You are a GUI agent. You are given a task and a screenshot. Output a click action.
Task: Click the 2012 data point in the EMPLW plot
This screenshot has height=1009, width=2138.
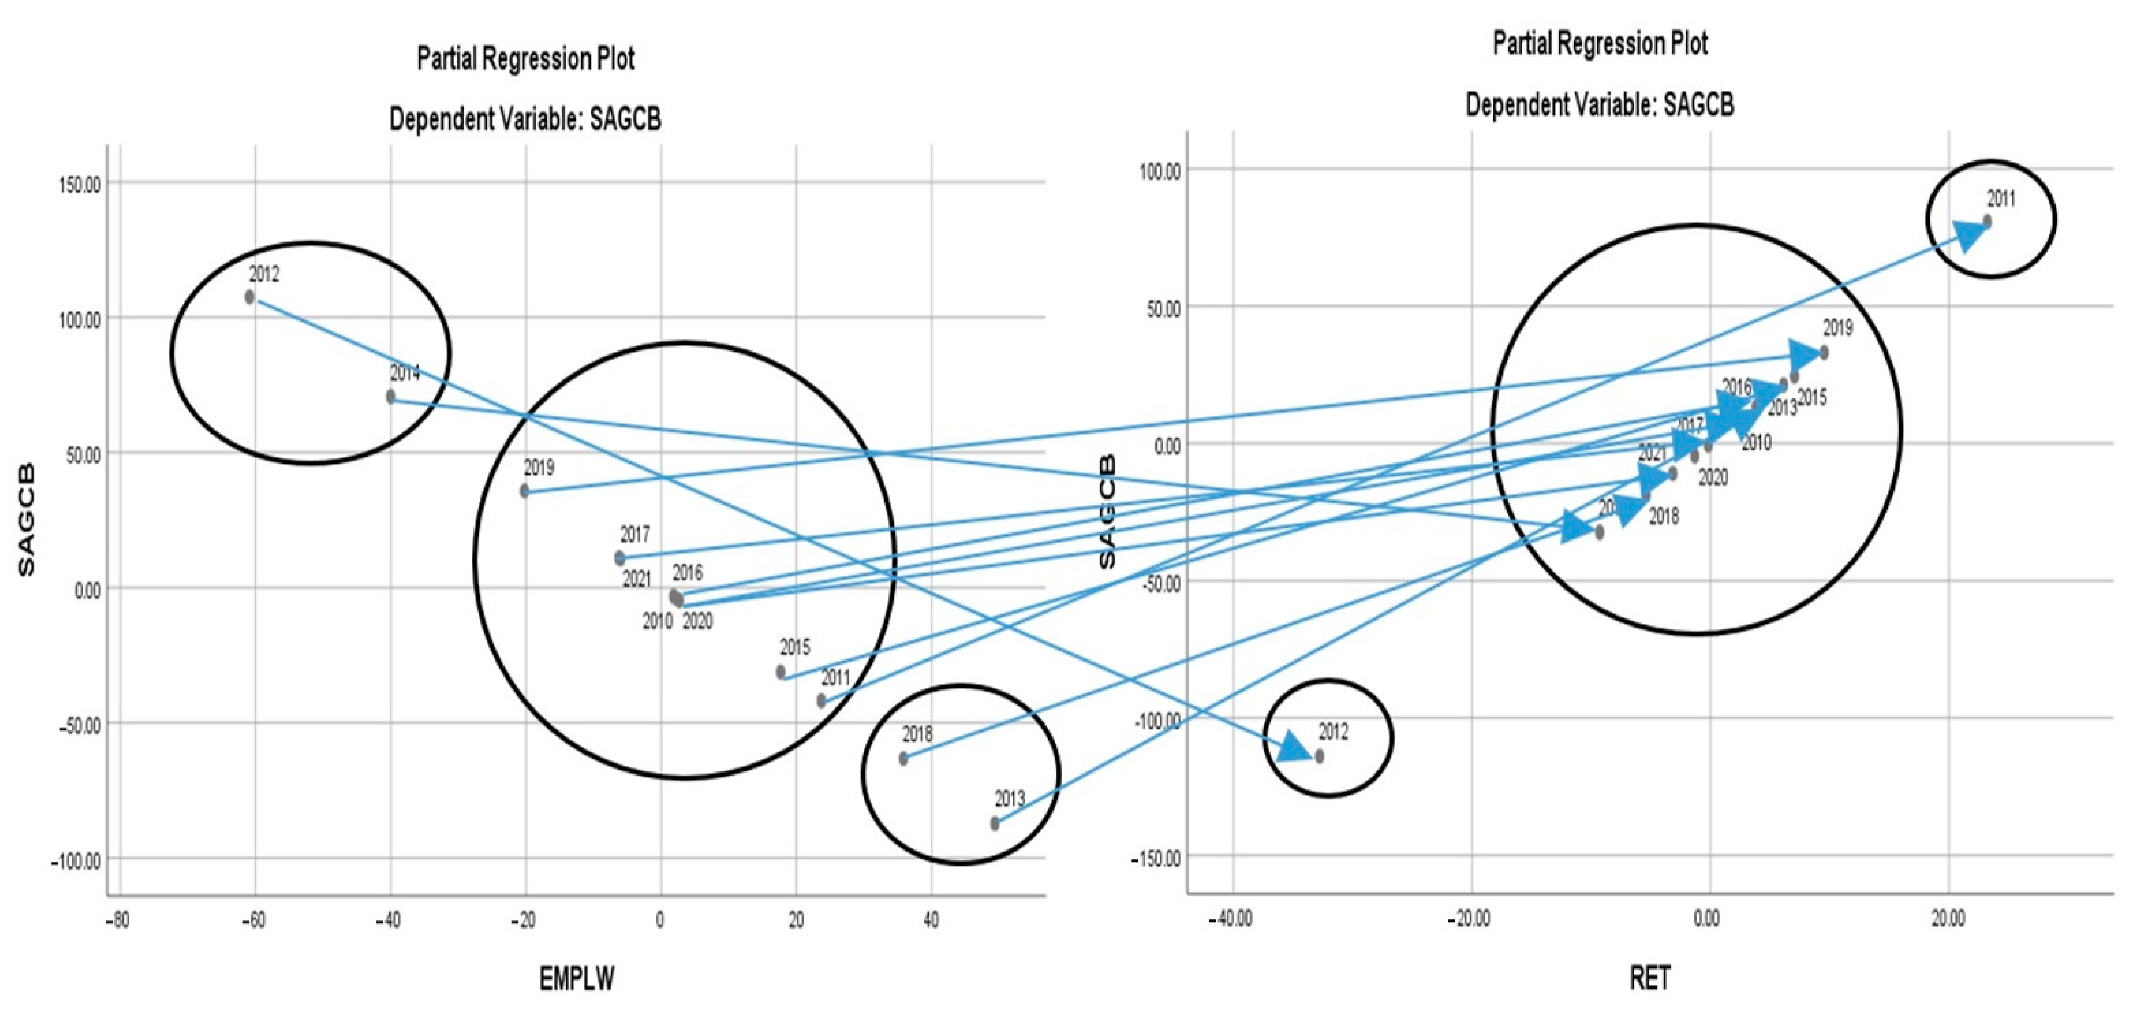250,297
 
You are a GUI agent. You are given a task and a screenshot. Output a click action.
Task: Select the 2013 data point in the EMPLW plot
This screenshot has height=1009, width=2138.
995,824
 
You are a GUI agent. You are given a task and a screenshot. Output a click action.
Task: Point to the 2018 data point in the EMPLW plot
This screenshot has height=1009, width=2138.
904,758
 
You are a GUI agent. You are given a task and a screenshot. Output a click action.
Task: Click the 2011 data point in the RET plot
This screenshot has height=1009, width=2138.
1987,222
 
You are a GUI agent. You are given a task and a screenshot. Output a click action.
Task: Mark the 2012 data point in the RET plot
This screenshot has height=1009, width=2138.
1320,756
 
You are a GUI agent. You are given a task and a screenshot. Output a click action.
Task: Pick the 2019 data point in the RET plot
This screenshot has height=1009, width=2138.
1823,353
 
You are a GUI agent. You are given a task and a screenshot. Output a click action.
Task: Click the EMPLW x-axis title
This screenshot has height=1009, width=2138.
577,979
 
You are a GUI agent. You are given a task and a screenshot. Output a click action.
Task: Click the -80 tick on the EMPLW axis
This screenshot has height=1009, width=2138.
118,921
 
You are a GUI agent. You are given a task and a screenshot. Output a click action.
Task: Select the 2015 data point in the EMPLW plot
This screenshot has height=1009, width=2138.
781,672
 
